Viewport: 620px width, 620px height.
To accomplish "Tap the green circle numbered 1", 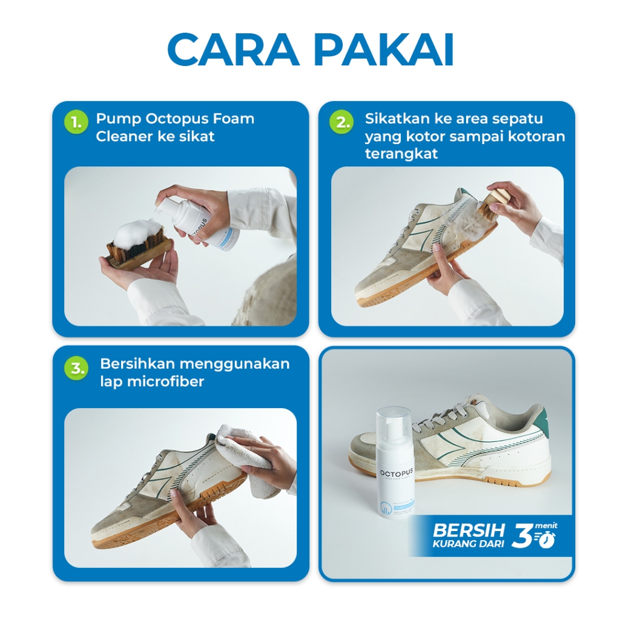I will tap(76, 122).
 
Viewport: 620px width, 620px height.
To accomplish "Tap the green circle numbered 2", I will tap(341, 122).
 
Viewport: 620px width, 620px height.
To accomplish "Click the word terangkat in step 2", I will tap(401, 154).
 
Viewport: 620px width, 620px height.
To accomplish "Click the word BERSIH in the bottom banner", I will tap(468, 530).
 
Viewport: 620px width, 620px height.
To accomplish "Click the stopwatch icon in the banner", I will tap(547, 538).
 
